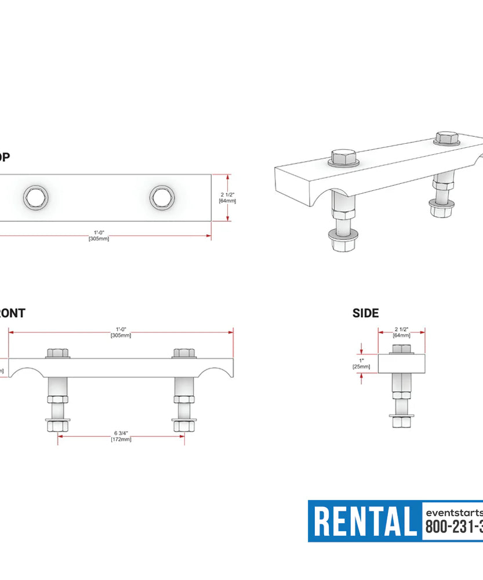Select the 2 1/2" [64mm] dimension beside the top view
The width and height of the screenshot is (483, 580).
(x=227, y=197)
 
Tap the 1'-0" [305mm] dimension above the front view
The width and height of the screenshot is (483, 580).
(x=121, y=332)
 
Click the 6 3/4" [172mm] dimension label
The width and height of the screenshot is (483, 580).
(x=121, y=436)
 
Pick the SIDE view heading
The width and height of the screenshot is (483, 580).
(x=365, y=313)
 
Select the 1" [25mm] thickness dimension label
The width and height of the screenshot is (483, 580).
(x=361, y=363)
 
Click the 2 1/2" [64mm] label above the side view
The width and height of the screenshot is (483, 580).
(x=401, y=332)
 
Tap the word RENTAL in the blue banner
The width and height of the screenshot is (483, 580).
(x=365, y=521)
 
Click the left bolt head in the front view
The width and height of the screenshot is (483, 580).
(x=57, y=353)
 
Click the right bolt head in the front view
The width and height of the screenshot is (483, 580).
(x=184, y=353)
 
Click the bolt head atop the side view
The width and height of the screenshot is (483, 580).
(x=401, y=349)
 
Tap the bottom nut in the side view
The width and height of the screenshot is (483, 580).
(x=401, y=421)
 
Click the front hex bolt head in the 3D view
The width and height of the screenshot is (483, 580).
(x=343, y=157)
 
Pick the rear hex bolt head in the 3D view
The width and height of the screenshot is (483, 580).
(x=446, y=139)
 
